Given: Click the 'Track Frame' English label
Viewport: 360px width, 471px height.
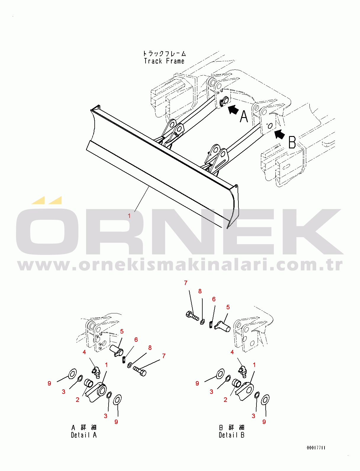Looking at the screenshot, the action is click(164, 61).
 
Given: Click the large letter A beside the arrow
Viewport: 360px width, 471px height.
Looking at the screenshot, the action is click(244, 116).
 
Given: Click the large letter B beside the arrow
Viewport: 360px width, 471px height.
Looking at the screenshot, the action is click(292, 142).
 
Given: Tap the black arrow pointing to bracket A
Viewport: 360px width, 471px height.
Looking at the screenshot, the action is click(233, 109).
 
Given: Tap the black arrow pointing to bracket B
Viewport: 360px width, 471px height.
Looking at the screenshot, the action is click(280, 135).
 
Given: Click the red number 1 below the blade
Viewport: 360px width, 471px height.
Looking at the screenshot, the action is click(129, 216).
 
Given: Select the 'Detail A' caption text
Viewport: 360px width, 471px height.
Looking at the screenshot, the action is click(84, 435).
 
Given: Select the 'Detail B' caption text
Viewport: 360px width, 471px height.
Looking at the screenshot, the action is click(231, 435).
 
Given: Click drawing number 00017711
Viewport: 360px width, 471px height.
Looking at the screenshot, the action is click(316, 448).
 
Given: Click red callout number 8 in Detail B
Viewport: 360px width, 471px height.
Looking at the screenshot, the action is click(200, 291).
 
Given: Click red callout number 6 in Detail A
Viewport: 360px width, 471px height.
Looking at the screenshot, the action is click(136, 340).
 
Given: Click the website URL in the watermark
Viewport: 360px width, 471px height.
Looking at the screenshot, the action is click(180, 266).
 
